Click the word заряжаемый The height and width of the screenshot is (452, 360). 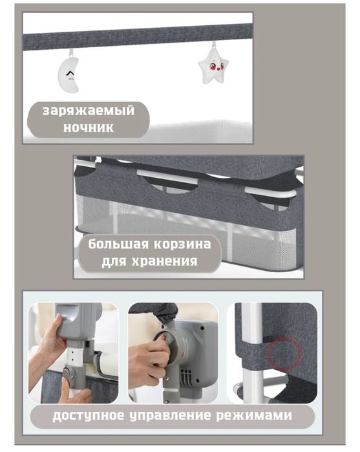(x=89, y=111)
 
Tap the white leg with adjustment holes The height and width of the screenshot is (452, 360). (x=76, y=362)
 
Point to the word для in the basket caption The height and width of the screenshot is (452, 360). (x=117, y=263)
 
